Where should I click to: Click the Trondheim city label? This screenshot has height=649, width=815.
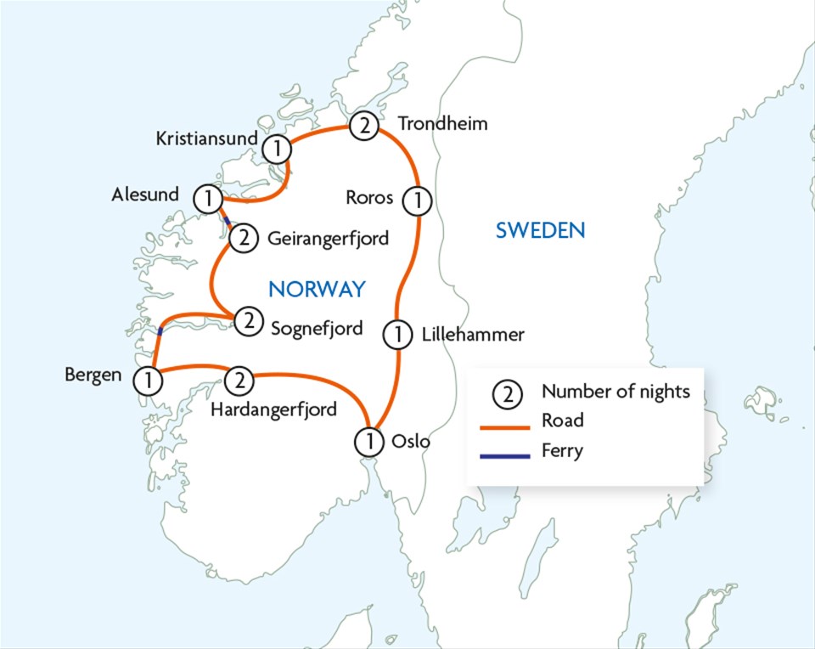click(444, 124)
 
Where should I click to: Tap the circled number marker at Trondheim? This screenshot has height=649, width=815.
click(363, 127)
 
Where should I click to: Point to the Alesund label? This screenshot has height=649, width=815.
click(145, 195)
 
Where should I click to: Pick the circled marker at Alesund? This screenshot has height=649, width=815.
click(207, 199)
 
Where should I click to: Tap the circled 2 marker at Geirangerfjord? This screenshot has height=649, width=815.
click(243, 238)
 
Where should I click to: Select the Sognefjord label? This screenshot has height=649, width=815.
click(317, 327)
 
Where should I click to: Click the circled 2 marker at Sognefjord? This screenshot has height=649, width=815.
click(248, 320)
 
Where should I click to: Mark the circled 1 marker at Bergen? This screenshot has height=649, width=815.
click(149, 380)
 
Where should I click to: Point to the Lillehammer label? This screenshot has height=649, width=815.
click(473, 335)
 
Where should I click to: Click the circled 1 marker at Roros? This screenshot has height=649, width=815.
click(417, 200)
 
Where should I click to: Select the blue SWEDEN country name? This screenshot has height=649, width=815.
click(541, 229)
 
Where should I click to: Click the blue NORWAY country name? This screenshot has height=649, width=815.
click(317, 289)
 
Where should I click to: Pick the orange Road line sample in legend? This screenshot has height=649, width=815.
click(503, 420)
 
